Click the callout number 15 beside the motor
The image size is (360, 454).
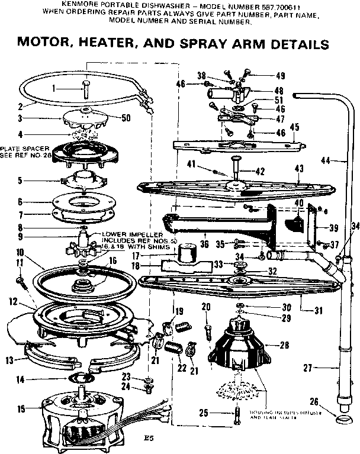21,409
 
